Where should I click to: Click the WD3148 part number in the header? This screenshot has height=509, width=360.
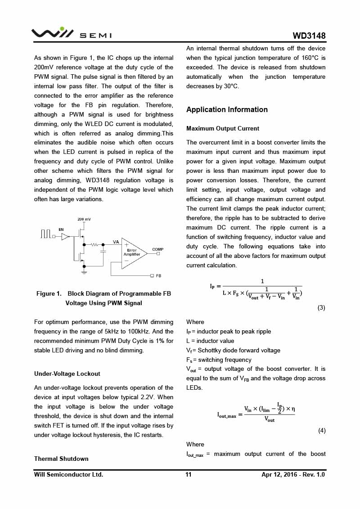pos(309,36)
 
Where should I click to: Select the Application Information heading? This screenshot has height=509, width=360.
pos(227,109)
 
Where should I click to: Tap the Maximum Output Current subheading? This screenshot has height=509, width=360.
pos(223,129)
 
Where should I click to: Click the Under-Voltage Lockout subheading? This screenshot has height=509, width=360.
pos(67,374)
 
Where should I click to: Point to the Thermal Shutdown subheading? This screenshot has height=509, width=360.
pos(61,459)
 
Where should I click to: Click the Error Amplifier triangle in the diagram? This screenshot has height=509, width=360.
pos(133,253)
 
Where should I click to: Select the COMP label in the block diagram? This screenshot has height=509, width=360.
pos(157,249)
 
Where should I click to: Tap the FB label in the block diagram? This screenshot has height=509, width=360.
pos(158,275)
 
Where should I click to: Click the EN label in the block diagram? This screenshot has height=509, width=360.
pos(61,230)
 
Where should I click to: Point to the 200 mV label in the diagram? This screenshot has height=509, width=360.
pos(84,219)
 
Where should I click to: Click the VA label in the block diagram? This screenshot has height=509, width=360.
pos(116,242)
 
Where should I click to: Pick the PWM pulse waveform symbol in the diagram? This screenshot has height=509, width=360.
pos(45,234)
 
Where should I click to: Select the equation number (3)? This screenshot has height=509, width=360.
pos(321,308)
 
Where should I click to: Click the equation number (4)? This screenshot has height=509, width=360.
pos(322,430)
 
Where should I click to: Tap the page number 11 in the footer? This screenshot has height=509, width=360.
pos(189,474)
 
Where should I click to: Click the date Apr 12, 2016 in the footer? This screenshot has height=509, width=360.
pos(279,474)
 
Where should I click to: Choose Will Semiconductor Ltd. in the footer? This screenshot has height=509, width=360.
pos(68,474)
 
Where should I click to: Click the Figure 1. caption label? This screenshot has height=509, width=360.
pos(49,293)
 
